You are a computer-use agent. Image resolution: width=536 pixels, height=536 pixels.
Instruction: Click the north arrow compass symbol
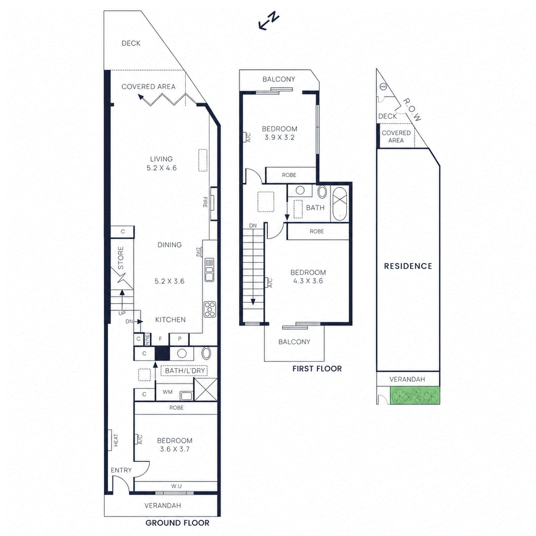(x=269, y=21)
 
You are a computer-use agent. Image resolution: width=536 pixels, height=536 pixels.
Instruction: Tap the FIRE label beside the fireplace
(x=205, y=202)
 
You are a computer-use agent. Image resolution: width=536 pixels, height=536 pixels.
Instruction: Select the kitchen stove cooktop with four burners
(x=210, y=309)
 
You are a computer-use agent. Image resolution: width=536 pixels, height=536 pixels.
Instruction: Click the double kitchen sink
(x=209, y=270)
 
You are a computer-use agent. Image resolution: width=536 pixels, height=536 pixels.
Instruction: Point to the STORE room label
(x=121, y=258)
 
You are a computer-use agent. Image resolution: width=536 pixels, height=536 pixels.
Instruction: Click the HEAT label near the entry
(x=116, y=440)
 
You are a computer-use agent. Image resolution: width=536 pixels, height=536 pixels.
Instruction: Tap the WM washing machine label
(x=167, y=392)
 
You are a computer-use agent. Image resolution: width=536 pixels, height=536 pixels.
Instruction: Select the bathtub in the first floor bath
(x=340, y=204)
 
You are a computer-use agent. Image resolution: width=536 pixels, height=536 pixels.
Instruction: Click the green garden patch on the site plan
(x=415, y=395)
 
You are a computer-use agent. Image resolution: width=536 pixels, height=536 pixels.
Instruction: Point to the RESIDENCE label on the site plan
(x=408, y=266)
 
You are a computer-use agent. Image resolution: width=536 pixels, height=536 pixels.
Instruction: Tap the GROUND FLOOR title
(x=177, y=523)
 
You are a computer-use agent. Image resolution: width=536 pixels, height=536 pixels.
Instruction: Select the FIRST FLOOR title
(x=317, y=368)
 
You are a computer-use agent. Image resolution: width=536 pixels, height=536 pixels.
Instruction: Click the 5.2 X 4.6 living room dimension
(x=161, y=168)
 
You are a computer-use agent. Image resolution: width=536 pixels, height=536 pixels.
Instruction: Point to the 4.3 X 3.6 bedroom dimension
(x=308, y=281)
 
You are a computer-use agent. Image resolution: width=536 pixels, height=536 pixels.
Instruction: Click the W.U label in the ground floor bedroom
(x=176, y=486)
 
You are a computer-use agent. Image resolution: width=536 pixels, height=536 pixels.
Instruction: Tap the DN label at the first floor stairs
(x=253, y=226)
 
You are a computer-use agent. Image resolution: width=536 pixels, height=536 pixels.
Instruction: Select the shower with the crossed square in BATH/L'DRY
(x=206, y=389)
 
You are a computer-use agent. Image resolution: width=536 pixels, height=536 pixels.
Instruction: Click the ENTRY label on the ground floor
(x=121, y=470)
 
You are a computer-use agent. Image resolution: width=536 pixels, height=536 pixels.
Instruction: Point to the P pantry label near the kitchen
(x=180, y=339)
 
